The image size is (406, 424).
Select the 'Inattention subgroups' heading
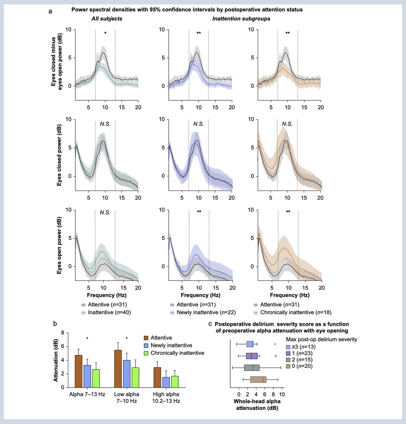(x=241, y=18)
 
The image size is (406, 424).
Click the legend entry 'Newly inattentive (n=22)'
(x=203, y=312)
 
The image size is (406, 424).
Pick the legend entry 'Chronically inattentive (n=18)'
(x=292, y=312)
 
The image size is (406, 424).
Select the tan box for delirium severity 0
(x=258, y=379)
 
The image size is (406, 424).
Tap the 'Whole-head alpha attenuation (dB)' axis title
(x=257, y=405)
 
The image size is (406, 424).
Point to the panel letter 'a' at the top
(x=51, y=11)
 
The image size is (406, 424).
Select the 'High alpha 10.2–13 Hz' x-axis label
(x=166, y=397)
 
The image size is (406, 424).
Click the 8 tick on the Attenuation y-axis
(x=62, y=333)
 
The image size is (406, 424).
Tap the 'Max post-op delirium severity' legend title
(x=321, y=339)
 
